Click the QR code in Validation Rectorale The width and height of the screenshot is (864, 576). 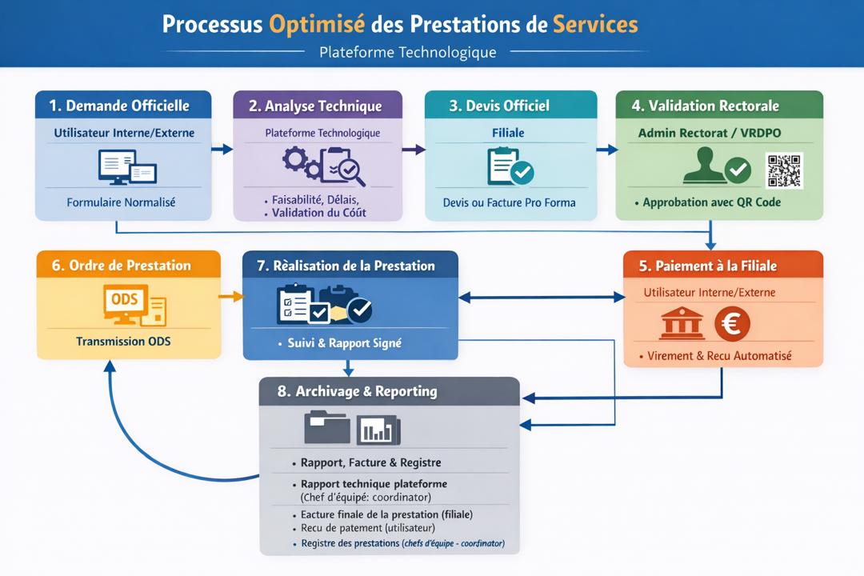[x=783, y=170]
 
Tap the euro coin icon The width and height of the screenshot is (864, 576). [x=732, y=324]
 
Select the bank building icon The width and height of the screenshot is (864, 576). [x=682, y=324]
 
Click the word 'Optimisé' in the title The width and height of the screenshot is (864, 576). [x=318, y=23]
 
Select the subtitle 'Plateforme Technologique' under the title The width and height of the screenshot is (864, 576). [x=407, y=53]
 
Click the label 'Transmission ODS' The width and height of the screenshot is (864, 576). [x=123, y=342]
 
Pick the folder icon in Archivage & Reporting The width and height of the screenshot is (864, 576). [x=327, y=427]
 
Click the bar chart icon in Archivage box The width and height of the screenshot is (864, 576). [x=378, y=430]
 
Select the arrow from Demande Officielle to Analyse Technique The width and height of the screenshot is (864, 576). [x=222, y=149]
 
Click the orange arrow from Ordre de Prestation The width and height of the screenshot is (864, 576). [x=231, y=297]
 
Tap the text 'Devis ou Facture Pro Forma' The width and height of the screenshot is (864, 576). [x=509, y=202]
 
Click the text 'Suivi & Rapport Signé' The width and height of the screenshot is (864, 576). [x=345, y=343]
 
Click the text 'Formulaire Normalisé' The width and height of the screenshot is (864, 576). [x=121, y=202]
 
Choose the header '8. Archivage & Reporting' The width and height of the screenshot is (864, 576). [x=358, y=391]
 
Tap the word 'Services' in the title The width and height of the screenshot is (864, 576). [x=595, y=23]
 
